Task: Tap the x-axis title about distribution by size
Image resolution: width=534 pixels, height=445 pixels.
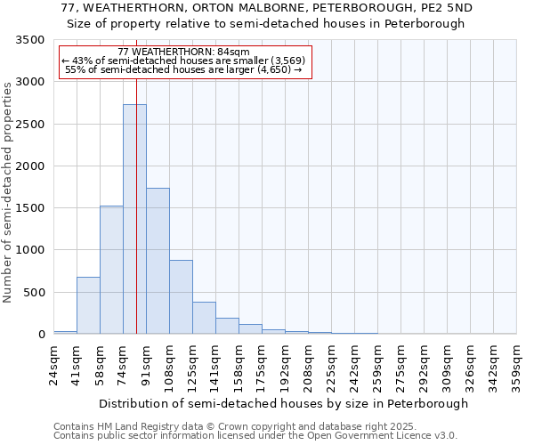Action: (x=283, y=404)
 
